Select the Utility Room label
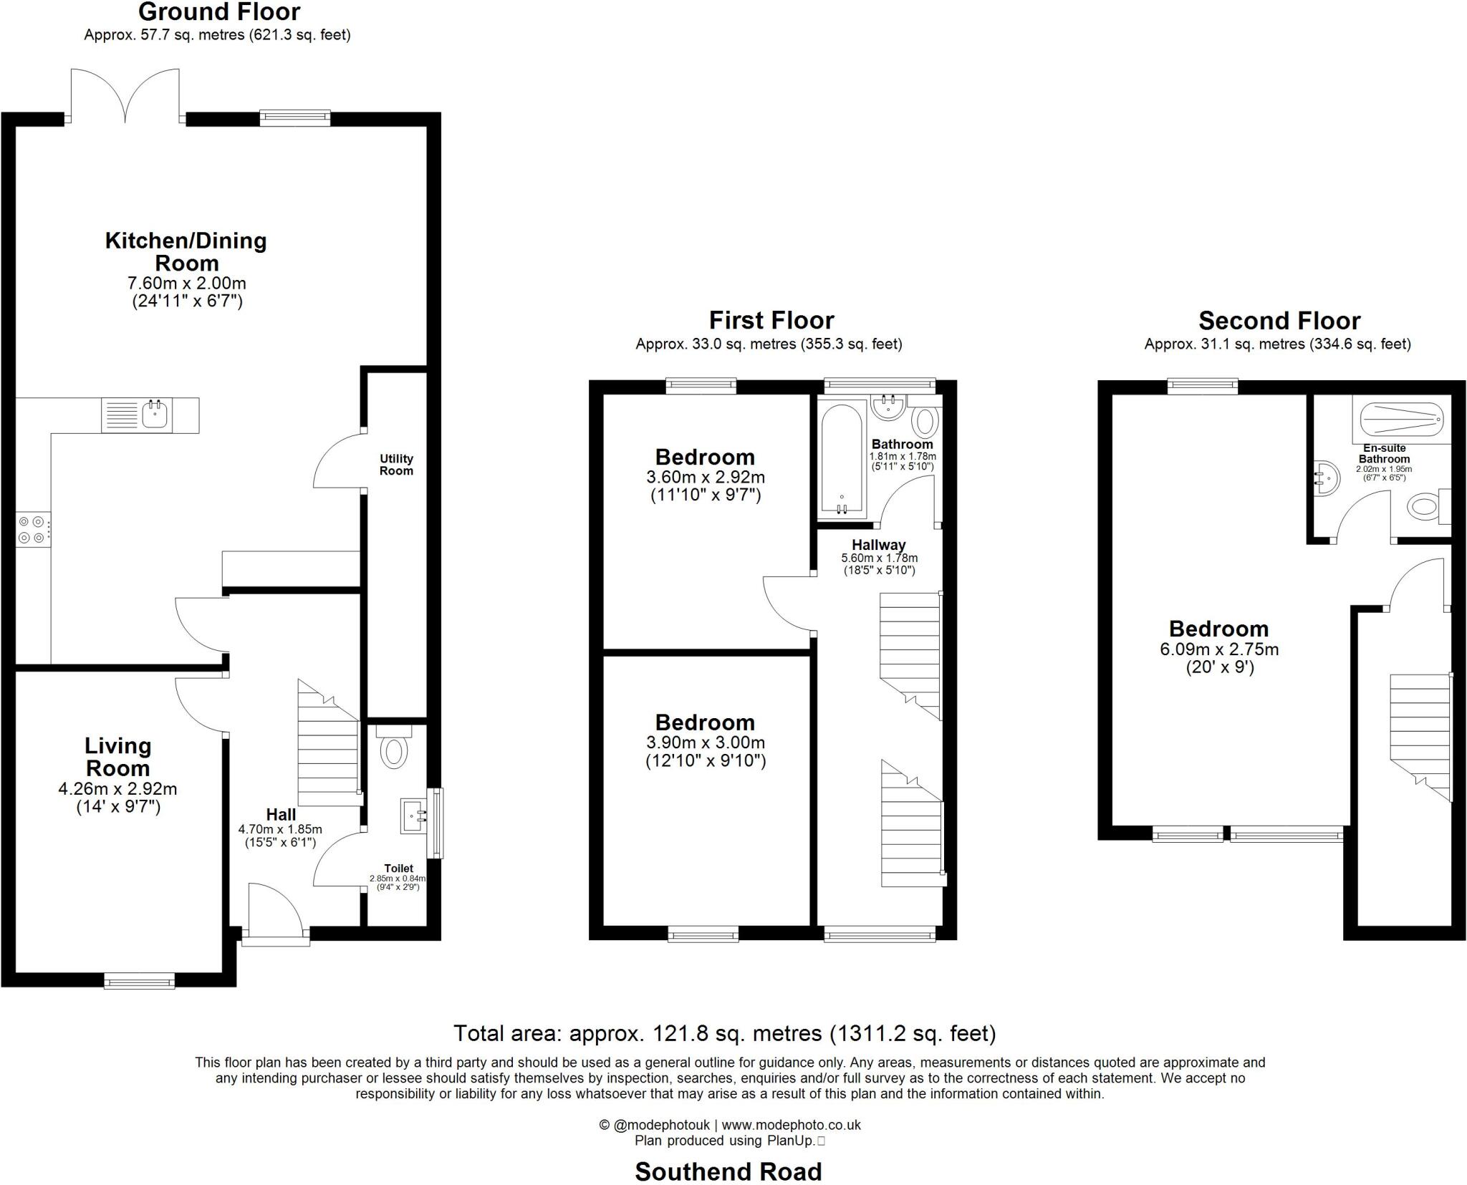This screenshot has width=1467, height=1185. coord(396,465)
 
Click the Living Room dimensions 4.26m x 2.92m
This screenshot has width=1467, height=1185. coord(117,789)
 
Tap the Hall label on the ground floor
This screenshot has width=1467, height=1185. coord(281,814)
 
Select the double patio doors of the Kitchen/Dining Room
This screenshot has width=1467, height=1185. coord(125,97)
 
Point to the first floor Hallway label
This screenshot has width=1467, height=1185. coord(879,545)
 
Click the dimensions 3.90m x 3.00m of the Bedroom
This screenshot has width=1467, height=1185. coord(706,743)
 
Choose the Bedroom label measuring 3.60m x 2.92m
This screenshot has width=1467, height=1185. coord(705,457)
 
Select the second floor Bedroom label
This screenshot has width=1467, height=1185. coord(1218,629)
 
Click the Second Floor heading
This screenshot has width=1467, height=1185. coord(1279,320)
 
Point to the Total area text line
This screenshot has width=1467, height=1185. coord(724,1033)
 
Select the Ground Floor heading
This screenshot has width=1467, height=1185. coord(219,12)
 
